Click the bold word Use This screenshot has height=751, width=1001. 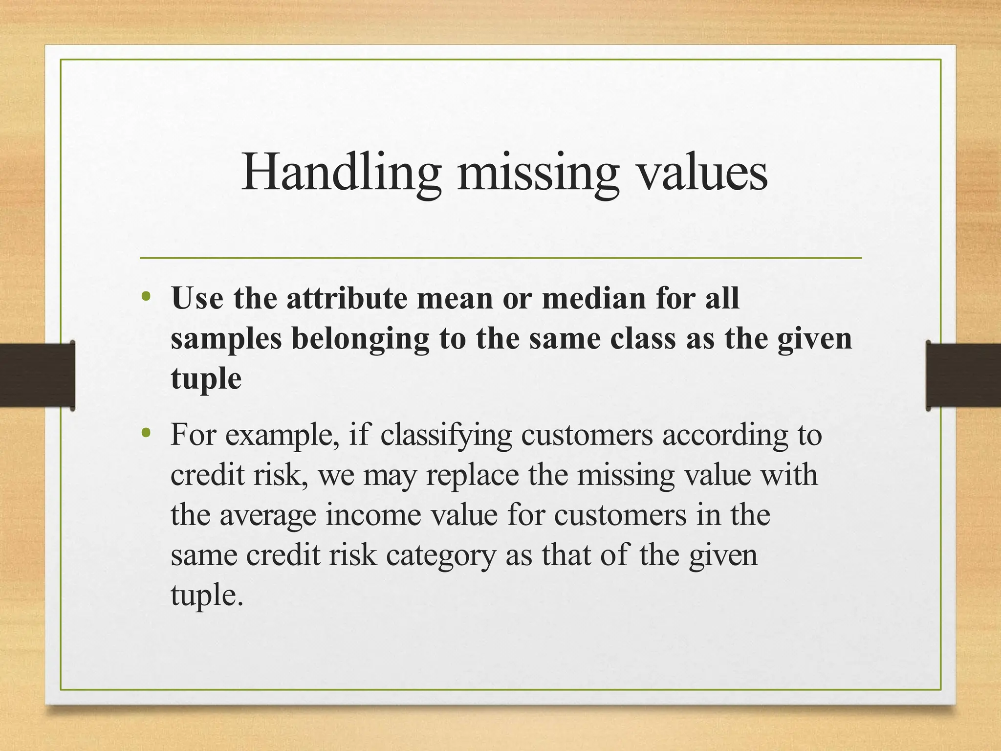[197, 298]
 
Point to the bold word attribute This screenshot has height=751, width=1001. [347, 298]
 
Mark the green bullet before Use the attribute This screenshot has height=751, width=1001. [145, 297]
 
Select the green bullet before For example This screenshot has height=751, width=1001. [145, 433]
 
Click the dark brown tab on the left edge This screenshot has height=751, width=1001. [37, 375]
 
